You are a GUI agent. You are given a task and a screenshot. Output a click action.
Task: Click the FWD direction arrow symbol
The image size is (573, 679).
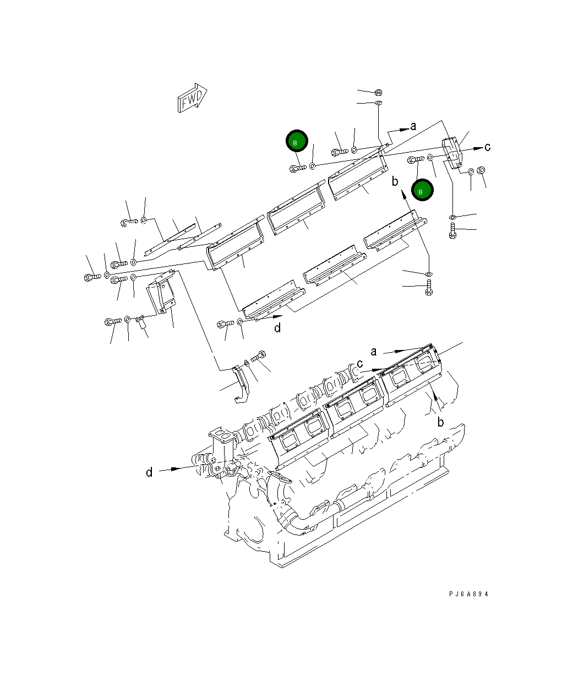point(192,99)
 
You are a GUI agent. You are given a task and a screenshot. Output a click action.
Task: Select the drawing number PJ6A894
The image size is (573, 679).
point(468,594)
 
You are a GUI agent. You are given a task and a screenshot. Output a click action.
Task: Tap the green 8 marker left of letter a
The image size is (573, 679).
point(297,142)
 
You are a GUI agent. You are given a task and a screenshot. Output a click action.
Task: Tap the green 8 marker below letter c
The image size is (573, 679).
point(421,191)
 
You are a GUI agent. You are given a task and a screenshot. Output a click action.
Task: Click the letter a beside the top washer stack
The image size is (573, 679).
point(413,127)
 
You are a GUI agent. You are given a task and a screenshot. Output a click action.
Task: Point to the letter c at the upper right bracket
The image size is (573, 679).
point(487,147)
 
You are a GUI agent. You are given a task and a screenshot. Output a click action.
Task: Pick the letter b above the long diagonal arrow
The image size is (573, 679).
point(394,181)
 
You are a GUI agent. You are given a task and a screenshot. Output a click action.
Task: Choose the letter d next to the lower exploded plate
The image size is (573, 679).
point(277,328)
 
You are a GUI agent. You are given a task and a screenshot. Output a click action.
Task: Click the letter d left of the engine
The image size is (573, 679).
point(149,472)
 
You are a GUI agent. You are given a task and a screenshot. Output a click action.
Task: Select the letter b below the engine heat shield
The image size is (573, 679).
point(440,422)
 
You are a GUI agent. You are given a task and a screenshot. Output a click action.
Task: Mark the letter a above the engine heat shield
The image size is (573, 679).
point(374,351)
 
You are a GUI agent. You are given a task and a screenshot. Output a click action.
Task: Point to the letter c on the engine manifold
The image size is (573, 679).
point(360,364)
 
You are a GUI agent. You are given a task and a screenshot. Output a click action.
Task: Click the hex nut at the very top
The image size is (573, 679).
point(379,92)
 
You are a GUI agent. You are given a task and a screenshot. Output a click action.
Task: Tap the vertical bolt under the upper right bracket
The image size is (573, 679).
point(452,231)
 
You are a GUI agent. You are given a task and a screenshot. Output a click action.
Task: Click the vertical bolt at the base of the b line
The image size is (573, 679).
point(429,288)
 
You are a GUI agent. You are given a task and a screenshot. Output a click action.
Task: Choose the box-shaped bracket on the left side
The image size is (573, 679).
point(160,295)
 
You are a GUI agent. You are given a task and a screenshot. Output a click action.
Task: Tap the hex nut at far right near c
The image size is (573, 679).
point(481,170)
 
